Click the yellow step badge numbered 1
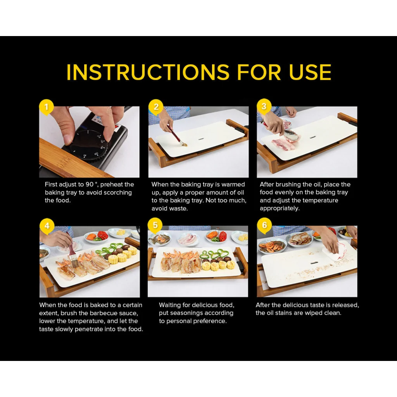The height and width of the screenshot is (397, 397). click(x=47, y=107)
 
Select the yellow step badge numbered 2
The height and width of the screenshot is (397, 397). click(x=156, y=107)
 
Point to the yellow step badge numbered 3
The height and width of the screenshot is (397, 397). click(x=264, y=107)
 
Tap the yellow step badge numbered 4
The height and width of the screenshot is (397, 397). click(x=47, y=226)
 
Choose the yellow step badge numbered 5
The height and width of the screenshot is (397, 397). click(x=155, y=225)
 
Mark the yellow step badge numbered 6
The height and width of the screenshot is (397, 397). click(x=264, y=225)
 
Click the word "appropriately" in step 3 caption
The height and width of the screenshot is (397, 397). click(x=280, y=208)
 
